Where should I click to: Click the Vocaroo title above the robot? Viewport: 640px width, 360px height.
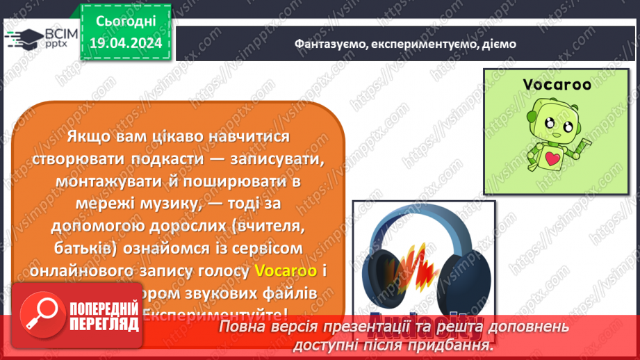pos(557,85)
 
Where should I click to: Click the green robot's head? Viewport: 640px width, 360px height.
pos(555,121)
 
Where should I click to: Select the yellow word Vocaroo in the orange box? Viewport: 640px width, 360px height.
pos(286,270)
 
